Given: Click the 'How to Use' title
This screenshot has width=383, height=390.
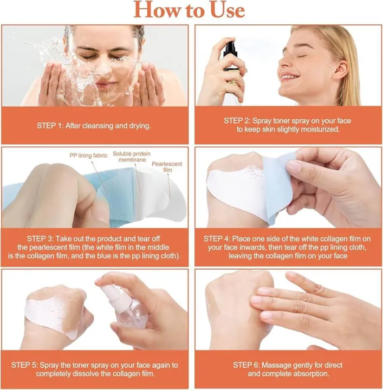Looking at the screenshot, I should pos(189,10).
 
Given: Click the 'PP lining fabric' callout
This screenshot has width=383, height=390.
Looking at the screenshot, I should pos(89,155).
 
